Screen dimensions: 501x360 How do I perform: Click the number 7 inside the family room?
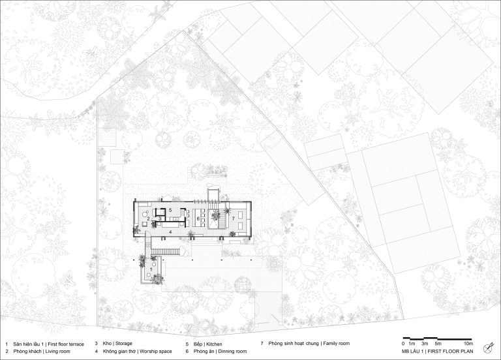pos(234,218)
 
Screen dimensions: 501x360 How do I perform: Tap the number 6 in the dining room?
pos(198,218)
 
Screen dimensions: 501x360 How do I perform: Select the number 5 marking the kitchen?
pos(171,210)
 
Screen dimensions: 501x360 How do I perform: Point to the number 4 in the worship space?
pos(171,232)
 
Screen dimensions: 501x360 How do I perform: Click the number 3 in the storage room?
pos(160,219)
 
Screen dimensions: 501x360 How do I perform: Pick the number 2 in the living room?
pos(149,218)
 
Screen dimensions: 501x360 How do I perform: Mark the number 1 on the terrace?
pos(151,269)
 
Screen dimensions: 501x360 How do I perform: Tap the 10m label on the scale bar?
pos(468,344)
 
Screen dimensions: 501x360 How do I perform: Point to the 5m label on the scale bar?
pos(438,344)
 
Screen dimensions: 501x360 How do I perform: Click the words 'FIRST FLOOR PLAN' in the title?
pos(451,352)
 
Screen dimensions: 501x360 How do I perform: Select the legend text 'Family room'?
pos(337,344)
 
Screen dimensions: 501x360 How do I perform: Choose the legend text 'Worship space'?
pos(156,352)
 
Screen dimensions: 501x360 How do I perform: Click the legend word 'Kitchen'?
pos(214,344)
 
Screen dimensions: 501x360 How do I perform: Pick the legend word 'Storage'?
pos(124,344)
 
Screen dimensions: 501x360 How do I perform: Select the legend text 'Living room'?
pos(58,352)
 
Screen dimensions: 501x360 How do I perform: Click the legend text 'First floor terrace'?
pos(66,344)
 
